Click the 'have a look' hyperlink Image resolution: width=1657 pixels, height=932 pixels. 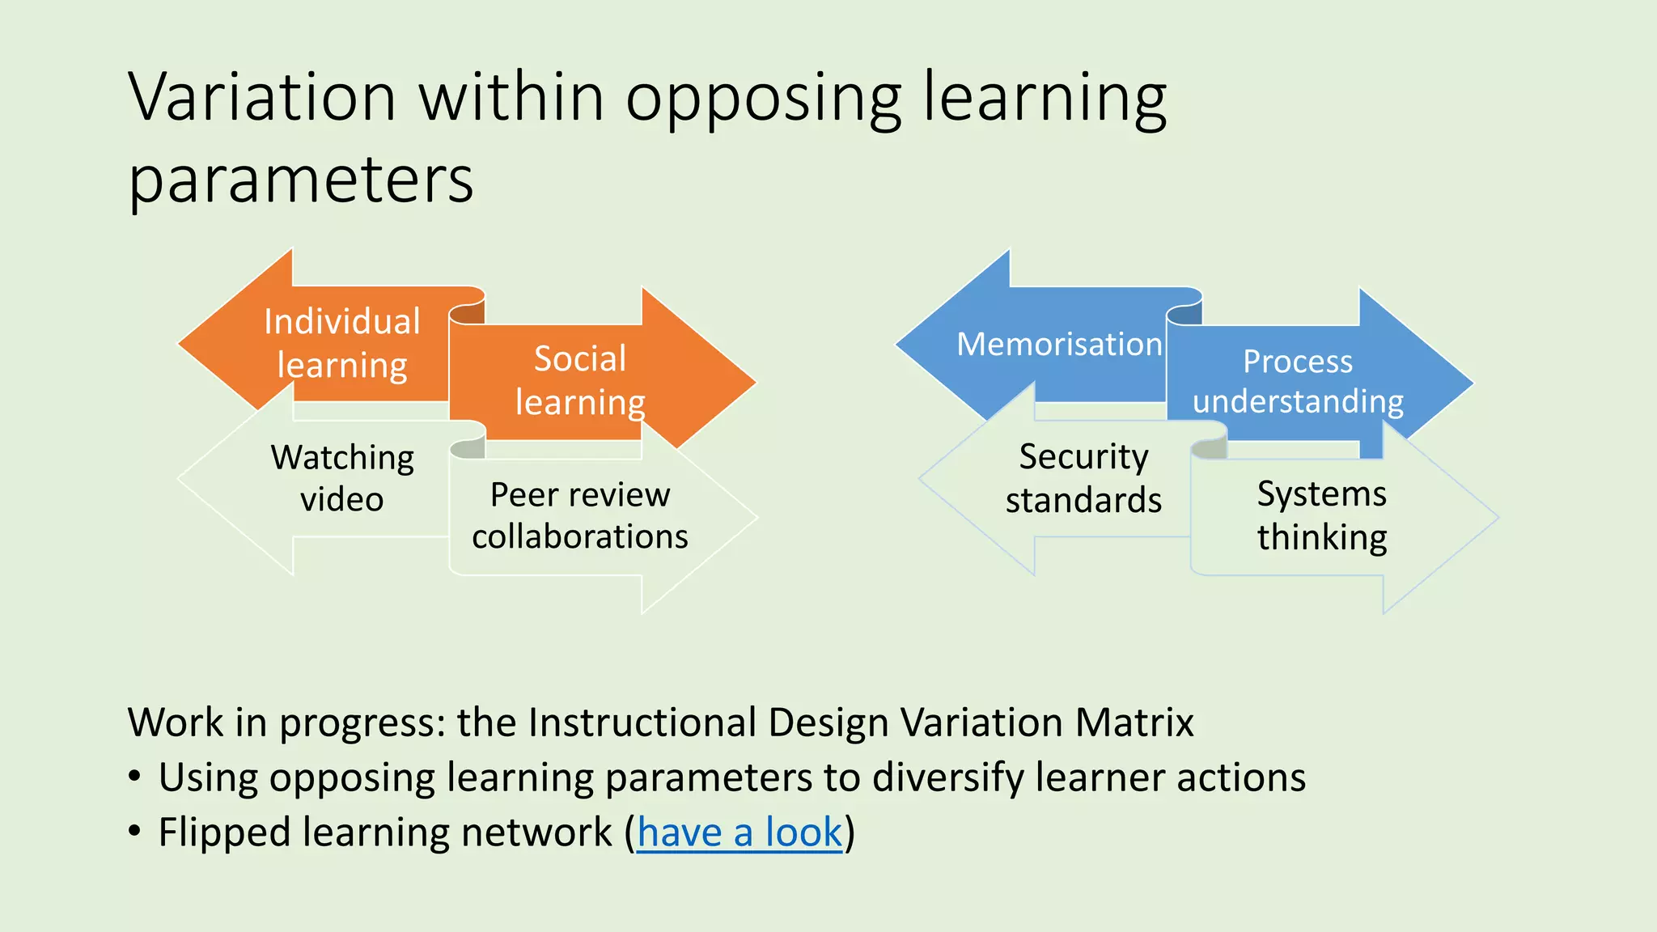pyautogui.click(x=740, y=832)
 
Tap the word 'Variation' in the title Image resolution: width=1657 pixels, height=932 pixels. pyautogui.click(x=261, y=97)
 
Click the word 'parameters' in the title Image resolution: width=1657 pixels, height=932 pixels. pyautogui.click(x=301, y=180)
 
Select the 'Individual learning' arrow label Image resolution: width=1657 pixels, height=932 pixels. pyautogui.click(x=341, y=343)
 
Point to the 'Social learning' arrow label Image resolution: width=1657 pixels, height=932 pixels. pyautogui.click(x=580, y=380)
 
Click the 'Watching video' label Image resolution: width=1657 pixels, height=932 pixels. pyautogui.click(x=342, y=478)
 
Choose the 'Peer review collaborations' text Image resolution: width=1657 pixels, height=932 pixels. pyautogui.click(x=580, y=515)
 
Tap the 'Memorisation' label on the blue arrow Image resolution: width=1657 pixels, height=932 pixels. pyautogui.click(x=1059, y=345)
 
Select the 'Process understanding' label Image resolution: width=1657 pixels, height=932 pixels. pyautogui.click(x=1298, y=381)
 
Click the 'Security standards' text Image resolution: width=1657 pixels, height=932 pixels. pyautogui.click(x=1083, y=478)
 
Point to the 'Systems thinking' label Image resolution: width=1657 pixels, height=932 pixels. pyautogui.click(x=1322, y=515)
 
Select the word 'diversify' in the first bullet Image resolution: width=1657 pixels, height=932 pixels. pyautogui.click(x=947, y=777)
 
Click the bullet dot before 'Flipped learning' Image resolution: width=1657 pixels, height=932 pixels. pyautogui.click(x=135, y=832)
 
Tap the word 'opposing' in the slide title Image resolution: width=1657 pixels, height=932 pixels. pyautogui.click(x=764, y=97)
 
